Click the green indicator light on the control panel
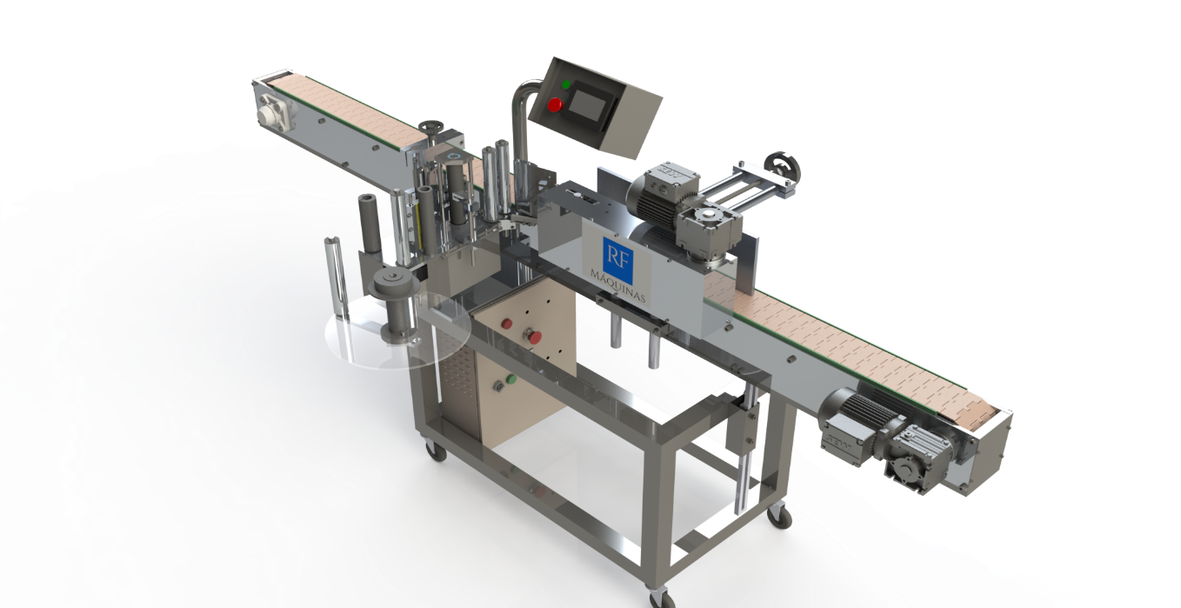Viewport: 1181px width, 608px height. click(566, 84)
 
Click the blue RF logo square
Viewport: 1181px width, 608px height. click(617, 260)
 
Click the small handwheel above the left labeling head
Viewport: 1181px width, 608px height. click(432, 128)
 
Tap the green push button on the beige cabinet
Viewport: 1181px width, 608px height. click(510, 378)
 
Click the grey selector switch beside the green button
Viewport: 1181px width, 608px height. click(497, 386)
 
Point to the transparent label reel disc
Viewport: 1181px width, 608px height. click(397, 329)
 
